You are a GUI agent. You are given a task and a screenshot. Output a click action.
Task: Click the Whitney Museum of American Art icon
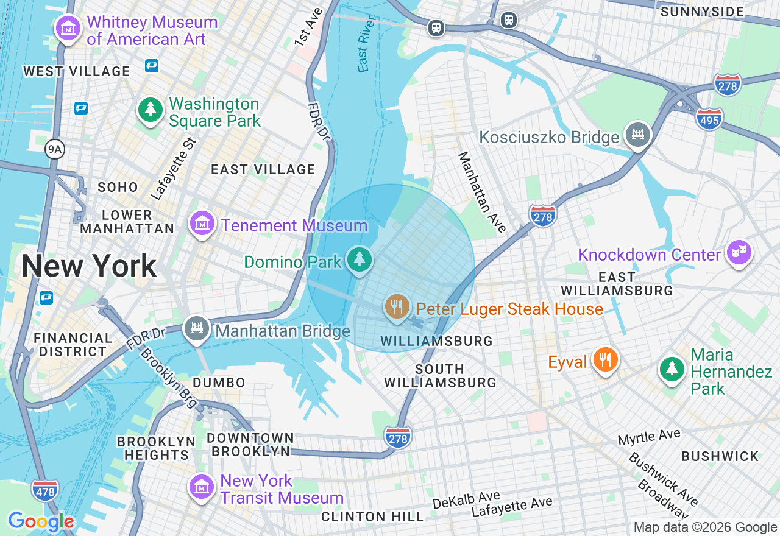[x=68, y=28]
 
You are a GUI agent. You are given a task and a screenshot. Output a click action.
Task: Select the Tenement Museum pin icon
[x=202, y=224]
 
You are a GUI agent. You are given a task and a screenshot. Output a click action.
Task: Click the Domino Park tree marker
[x=360, y=259]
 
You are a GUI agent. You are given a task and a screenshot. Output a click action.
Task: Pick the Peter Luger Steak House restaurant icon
[x=397, y=307]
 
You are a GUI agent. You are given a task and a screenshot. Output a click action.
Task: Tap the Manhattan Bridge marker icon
[x=196, y=330]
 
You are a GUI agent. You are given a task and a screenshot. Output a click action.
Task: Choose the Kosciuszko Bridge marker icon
[x=638, y=135]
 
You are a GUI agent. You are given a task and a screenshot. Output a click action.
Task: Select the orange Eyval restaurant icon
[x=604, y=360]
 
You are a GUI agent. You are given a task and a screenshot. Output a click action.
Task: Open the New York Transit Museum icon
[x=202, y=487]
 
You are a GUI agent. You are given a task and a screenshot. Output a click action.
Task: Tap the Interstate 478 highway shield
[x=46, y=491]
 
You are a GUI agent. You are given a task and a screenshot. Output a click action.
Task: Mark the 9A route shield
[x=55, y=148]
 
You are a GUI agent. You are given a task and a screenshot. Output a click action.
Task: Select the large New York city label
[x=89, y=266]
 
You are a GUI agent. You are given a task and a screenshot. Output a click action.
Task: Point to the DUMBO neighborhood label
[x=219, y=383]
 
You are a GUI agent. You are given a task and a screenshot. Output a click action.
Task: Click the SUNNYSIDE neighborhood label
[x=702, y=12]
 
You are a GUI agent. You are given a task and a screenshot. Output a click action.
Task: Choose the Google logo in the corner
[x=41, y=522]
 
